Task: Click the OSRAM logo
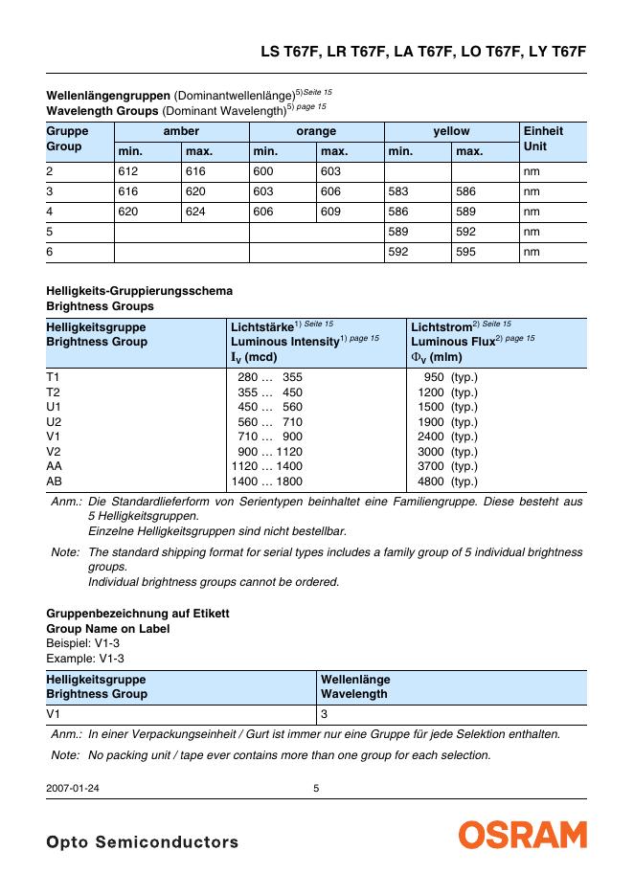(x=522, y=835)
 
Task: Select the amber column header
(x=181, y=131)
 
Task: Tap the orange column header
(x=316, y=131)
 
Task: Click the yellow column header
(x=451, y=131)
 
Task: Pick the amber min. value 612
(x=128, y=171)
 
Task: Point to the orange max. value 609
(x=331, y=212)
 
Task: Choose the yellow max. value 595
(x=466, y=252)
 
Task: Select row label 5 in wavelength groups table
(x=50, y=232)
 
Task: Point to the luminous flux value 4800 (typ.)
(x=447, y=482)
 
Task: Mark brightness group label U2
(x=54, y=422)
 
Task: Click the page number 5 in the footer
(x=317, y=789)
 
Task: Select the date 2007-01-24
(x=73, y=789)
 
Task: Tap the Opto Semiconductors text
(x=142, y=842)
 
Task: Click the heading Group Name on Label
(x=108, y=629)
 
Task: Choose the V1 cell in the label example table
(x=54, y=714)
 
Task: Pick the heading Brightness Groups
(x=100, y=306)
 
